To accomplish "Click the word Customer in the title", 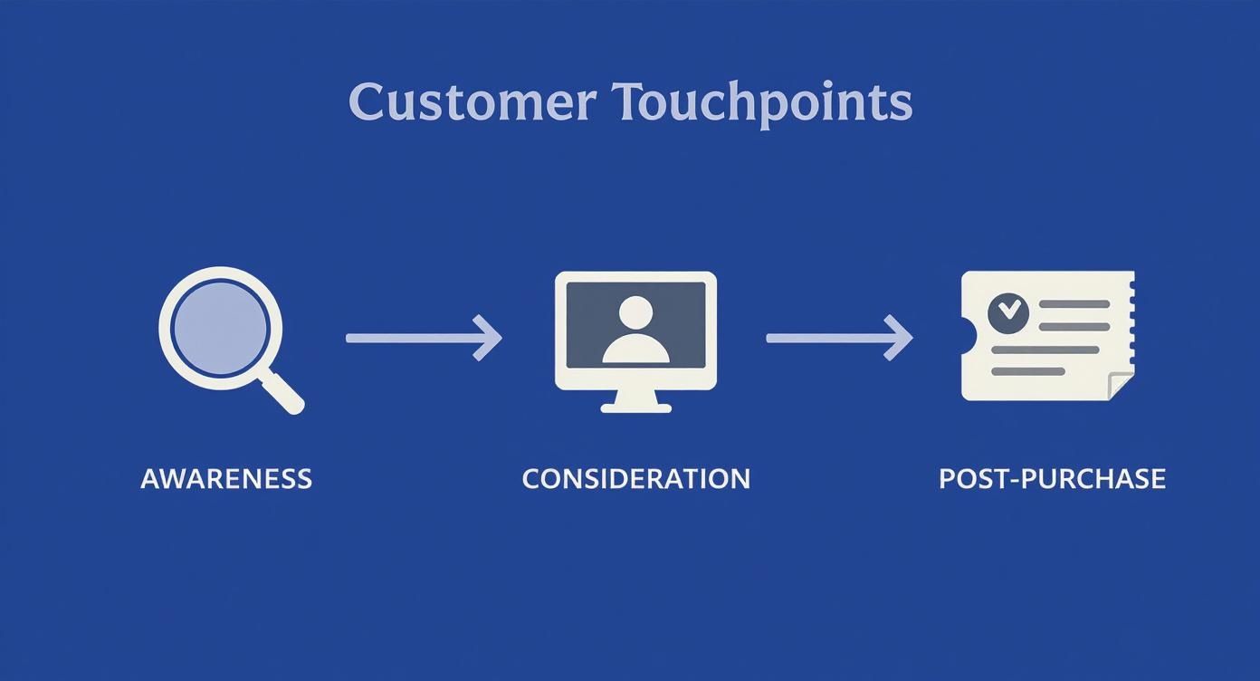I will (x=471, y=101).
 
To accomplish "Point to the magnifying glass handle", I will (x=284, y=395).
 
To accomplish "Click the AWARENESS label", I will (x=226, y=478).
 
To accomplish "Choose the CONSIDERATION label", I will (x=635, y=478).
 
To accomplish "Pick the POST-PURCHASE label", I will (x=1052, y=478).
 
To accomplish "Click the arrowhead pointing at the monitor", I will (x=490, y=338).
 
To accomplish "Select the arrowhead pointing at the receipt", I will (x=901, y=338).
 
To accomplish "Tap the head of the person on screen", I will (x=635, y=312).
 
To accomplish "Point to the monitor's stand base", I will (x=635, y=408).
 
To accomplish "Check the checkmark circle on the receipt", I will (x=1008, y=312).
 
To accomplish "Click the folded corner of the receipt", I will (x=1122, y=387).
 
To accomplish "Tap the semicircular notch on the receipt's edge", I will (x=968, y=337).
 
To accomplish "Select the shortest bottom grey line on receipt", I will (x=1027, y=371).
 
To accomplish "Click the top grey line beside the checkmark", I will (x=1074, y=304).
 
